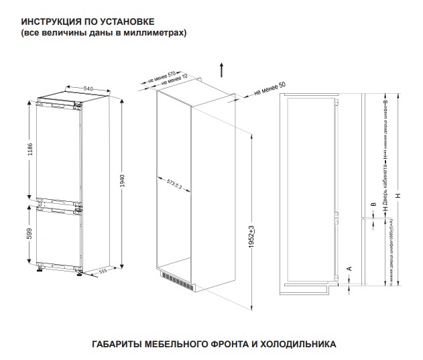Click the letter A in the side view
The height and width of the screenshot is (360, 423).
[349, 267]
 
